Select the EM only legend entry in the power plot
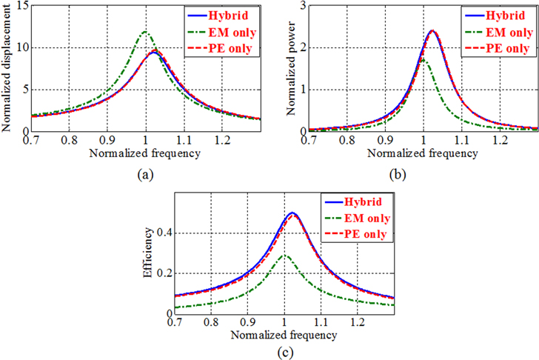pyautogui.click(x=508, y=33)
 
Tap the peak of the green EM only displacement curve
pyautogui.click(x=145, y=32)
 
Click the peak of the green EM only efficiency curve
pyautogui.click(x=284, y=256)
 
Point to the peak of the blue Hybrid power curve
pyautogui.click(x=432, y=31)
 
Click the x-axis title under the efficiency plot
pyautogui.click(x=284, y=336)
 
